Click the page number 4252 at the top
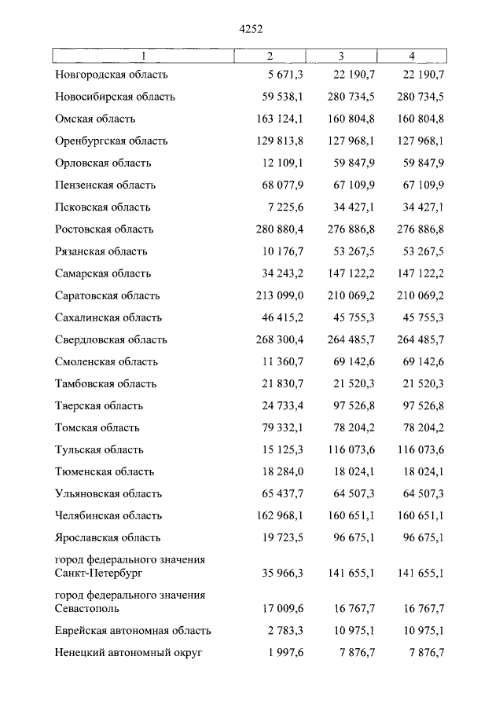point(251,29)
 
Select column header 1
point(143,55)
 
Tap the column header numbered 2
point(270,55)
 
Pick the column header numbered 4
point(413,55)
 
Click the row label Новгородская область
point(112,75)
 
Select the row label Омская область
point(95,119)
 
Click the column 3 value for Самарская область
point(343,273)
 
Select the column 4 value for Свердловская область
point(414,339)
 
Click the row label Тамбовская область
point(106,383)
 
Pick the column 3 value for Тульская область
point(343,449)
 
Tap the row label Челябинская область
point(108,515)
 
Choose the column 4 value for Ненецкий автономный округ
point(420,652)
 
